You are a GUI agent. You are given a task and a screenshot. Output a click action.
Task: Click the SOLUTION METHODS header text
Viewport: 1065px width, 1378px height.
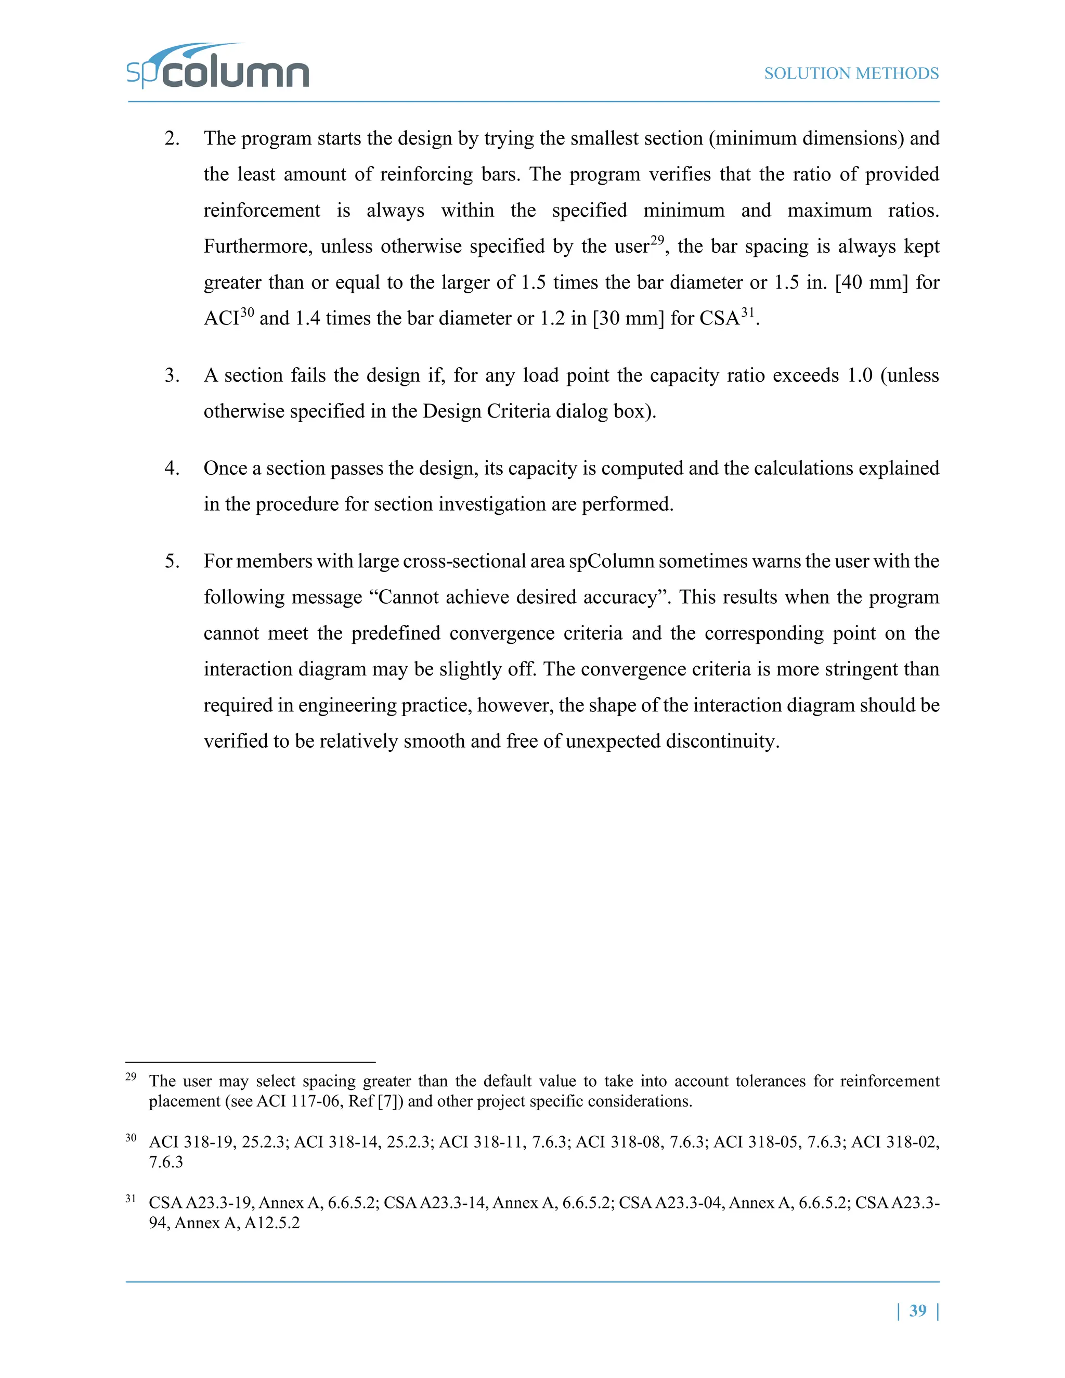851,74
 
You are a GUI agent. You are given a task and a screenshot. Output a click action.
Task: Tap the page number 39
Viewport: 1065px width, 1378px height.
917,1310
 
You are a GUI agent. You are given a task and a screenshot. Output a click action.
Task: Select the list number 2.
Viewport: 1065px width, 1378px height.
172,139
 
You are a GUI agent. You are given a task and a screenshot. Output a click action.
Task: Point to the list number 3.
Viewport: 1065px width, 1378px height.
172,376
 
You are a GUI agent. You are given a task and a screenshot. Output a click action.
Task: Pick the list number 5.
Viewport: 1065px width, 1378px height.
172,562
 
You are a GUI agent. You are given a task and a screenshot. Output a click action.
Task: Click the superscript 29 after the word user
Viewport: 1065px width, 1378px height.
657,240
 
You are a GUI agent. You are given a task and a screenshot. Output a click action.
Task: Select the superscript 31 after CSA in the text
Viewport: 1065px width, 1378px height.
747,311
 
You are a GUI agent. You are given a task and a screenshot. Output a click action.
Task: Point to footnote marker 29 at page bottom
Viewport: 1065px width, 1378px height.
131,1077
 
